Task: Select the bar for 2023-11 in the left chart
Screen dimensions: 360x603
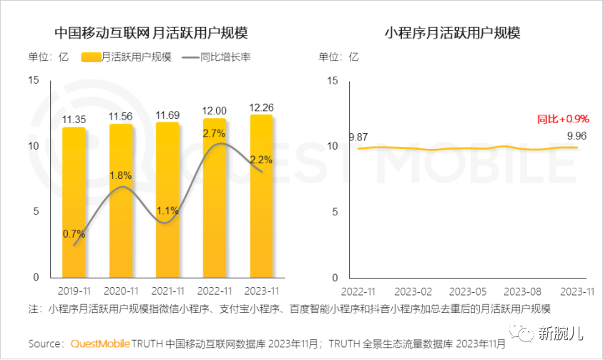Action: [261, 196]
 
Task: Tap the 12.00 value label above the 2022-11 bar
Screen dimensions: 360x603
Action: [215, 111]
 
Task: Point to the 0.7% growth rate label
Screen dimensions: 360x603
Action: [74, 233]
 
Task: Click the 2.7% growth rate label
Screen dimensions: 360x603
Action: [215, 133]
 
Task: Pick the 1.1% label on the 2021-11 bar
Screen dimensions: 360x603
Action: [167, 210]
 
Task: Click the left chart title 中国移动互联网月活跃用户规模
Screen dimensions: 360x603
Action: [151, 33]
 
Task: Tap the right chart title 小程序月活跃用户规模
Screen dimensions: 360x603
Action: [452, 33]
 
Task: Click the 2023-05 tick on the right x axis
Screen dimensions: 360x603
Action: [469, 292]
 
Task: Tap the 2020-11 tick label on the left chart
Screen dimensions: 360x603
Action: [121, 292]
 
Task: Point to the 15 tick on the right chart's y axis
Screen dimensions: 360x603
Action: [331, 80]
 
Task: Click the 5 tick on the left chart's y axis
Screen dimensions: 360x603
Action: [36, 212]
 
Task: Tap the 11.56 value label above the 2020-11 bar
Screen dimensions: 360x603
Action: [121, 117]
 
